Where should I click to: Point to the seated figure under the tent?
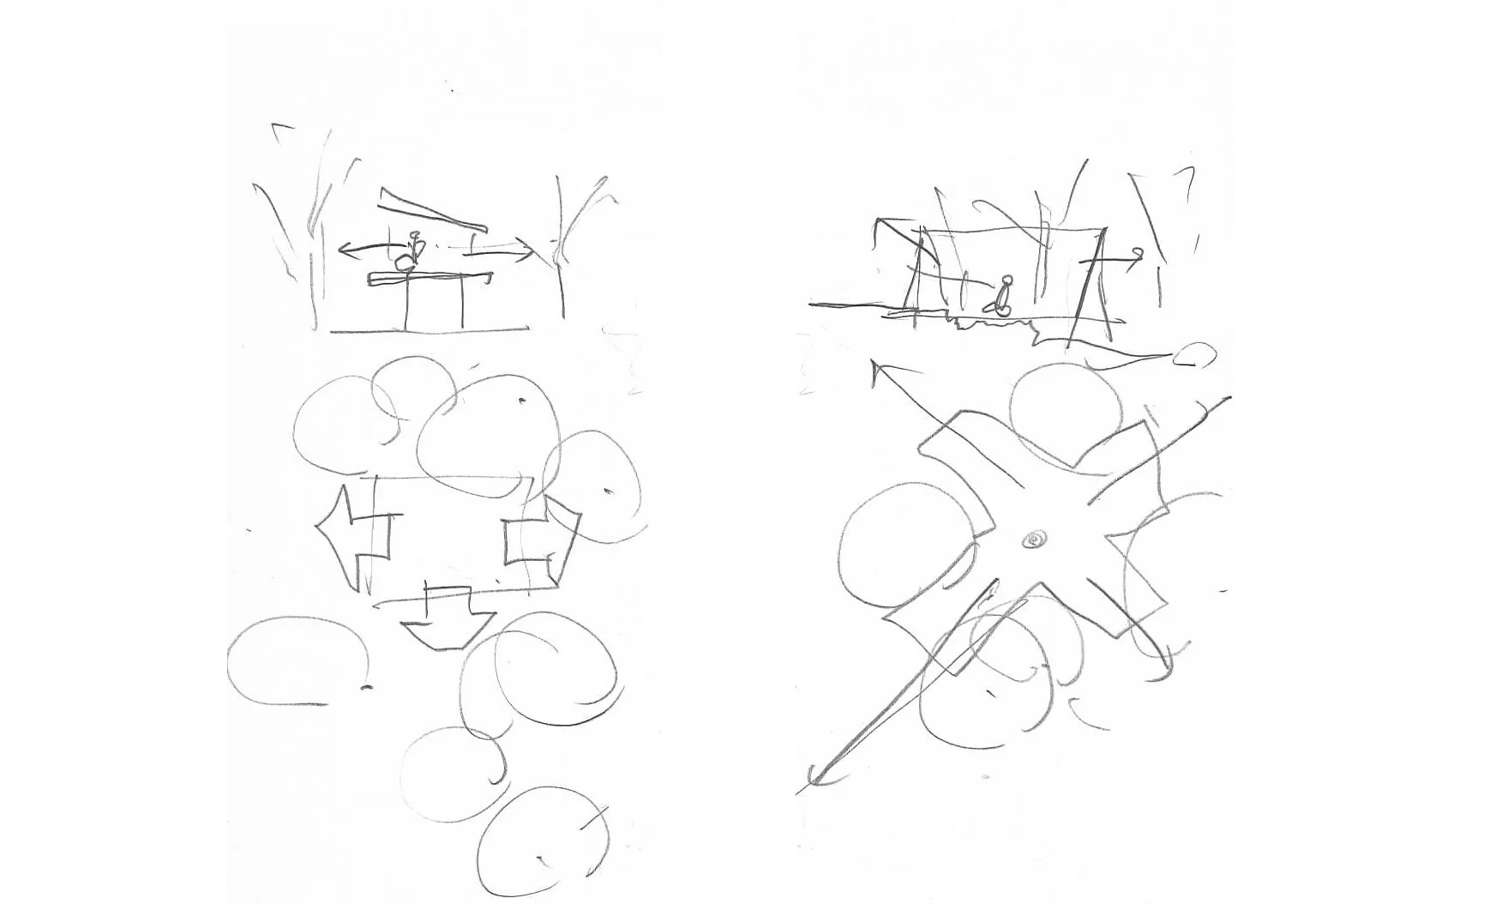tap(1002, 296)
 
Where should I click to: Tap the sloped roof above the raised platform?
tap(432, 210)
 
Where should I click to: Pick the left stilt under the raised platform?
tap(406, 304)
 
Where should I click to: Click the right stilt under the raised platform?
tap(462, 304)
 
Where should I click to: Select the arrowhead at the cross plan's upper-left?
tap(880, 372)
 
